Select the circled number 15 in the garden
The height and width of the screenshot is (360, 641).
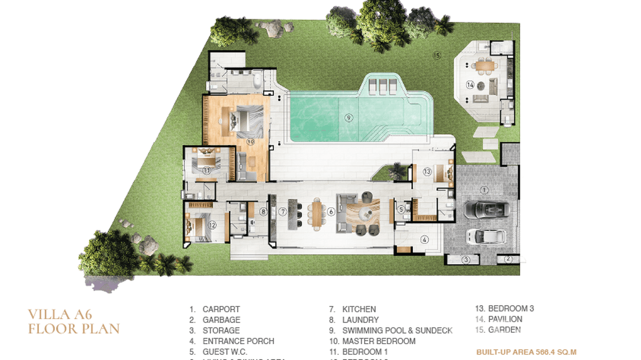pos(436,55)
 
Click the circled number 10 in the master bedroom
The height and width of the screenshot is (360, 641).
pos(250,141)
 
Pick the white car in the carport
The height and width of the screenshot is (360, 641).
pos(486,235)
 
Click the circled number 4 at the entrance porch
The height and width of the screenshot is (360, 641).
pos(423,240)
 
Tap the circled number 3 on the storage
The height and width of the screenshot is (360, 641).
pos(462,260)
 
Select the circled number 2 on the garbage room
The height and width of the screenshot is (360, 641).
pos(509,259)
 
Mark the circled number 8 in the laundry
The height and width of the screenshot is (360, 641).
pos(262,211)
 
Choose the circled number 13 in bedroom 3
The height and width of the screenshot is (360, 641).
pos(427,171)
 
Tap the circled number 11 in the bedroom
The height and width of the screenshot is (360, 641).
pos(206,169)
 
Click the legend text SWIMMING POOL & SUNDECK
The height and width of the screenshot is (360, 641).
pos(397,330)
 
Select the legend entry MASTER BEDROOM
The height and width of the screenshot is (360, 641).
pos(378,341)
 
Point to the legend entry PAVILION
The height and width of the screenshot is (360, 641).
pos(505,319)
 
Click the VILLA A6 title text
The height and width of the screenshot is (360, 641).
pos(59,314)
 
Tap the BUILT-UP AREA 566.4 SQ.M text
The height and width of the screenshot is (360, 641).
pos(526,352)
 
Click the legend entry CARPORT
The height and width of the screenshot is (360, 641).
pos(221,309)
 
